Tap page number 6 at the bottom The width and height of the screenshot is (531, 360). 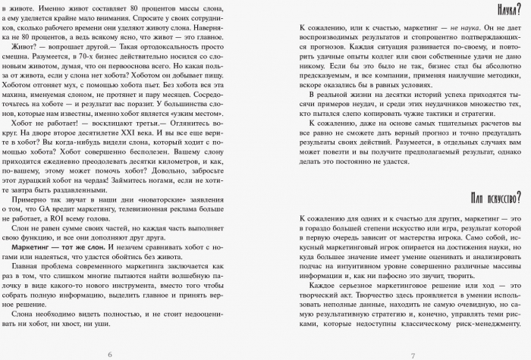111,354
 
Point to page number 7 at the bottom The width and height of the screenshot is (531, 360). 413,354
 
